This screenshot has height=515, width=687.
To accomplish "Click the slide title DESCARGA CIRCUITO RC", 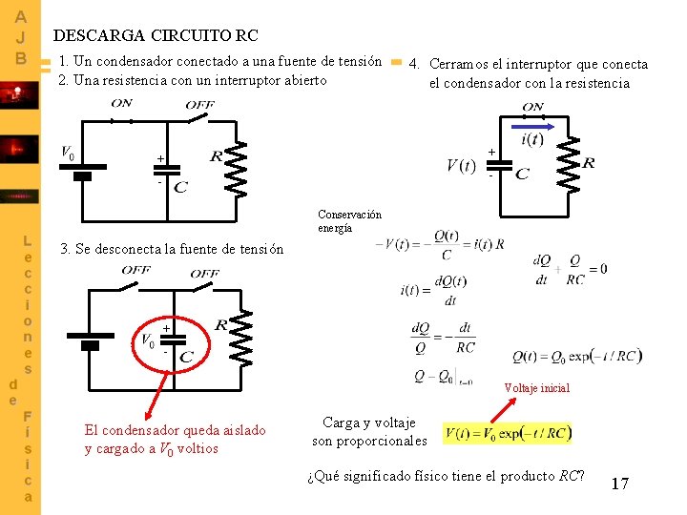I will (156, 35).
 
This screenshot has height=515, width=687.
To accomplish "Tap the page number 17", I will (619, 484).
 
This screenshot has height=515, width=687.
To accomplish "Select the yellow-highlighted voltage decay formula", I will (509, 434).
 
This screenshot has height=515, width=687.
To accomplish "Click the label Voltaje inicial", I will (537, 388).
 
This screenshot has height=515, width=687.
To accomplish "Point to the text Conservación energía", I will (349, 221).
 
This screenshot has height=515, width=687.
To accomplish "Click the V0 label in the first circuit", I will (68, 153).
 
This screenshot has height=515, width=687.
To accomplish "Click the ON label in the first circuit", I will (122, 103).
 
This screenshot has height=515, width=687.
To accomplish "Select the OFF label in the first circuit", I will (199, 104).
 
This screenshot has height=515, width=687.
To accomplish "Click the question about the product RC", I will (447, 476).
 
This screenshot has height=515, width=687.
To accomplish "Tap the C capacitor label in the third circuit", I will (186, 357).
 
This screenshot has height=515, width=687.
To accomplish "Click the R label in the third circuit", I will (220, 325).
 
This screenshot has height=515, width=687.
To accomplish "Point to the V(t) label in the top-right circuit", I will (461, 166).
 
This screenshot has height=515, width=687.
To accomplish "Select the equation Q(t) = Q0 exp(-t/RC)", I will (577, 357).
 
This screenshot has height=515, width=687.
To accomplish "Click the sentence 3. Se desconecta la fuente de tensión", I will (172, 249).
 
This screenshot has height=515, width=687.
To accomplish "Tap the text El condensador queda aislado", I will (176, 430).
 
